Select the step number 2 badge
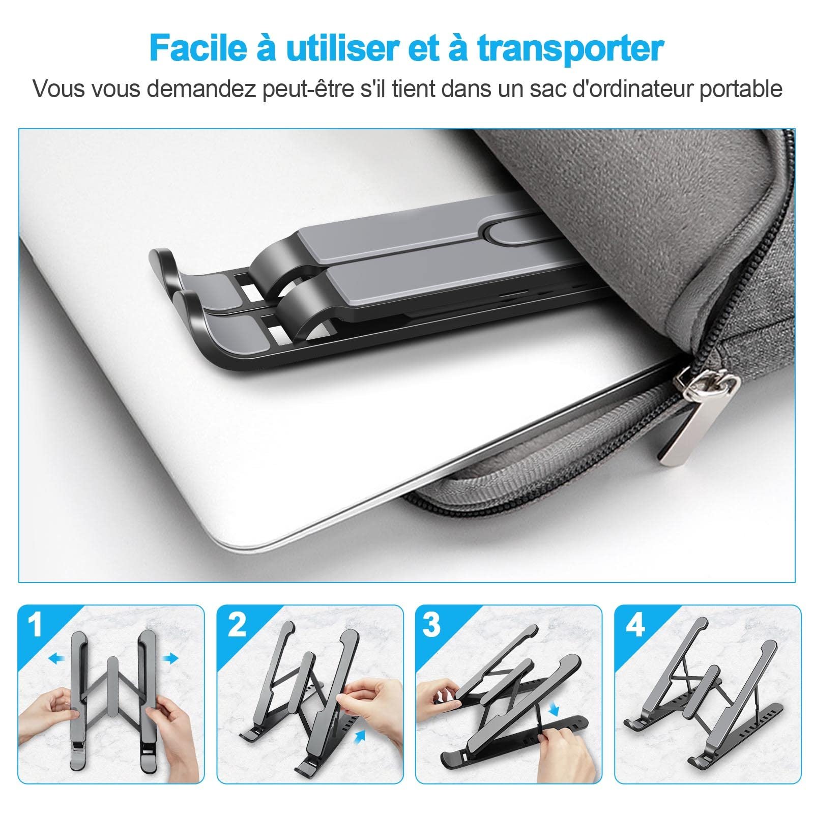point(236,625)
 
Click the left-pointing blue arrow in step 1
point(57,659)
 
